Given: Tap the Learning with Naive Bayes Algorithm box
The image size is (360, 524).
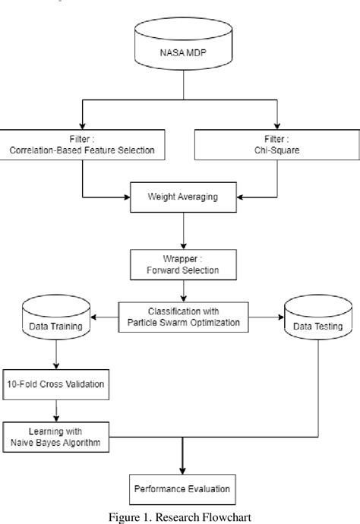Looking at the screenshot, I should (x=55, y=437).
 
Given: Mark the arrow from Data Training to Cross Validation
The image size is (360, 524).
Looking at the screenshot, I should (x=55, y=356).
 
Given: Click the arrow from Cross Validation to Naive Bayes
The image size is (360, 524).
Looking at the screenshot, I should (x=55, y=410).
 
